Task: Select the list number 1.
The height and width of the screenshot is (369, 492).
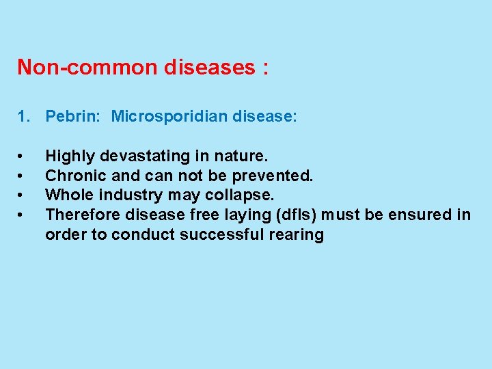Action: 23,117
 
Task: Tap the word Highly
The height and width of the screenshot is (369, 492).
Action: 70,156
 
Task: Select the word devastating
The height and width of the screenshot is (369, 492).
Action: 142,156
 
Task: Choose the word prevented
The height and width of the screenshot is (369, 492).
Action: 276,176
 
